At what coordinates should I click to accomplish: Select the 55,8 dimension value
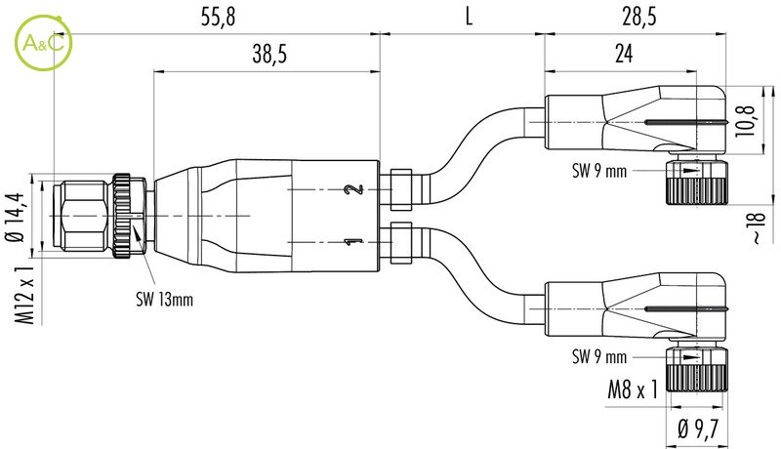click(x=218, y=17)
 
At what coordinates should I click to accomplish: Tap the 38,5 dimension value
click(x=269, y=54)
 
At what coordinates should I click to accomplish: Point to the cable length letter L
click(x=469, y=17)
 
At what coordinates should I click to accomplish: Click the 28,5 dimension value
click(x=639, y=17)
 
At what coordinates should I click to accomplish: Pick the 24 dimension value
click(x=624, y=54)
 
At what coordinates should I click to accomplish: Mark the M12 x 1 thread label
click(x=23, y=295)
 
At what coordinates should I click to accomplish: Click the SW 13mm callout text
click(x=164, y=299)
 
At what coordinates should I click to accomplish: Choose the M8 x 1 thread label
click(x=633, y=389)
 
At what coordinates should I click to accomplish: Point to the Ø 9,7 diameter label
click(x=698, y=429)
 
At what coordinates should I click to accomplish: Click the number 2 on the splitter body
click(x=354, y=189)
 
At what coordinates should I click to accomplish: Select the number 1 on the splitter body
click(x=354, y=242)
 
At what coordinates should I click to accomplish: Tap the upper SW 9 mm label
click(x=599, y=171)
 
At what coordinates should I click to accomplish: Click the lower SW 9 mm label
click(x=599, y=356)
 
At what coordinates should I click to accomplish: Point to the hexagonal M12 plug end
click(x=81, y=216)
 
